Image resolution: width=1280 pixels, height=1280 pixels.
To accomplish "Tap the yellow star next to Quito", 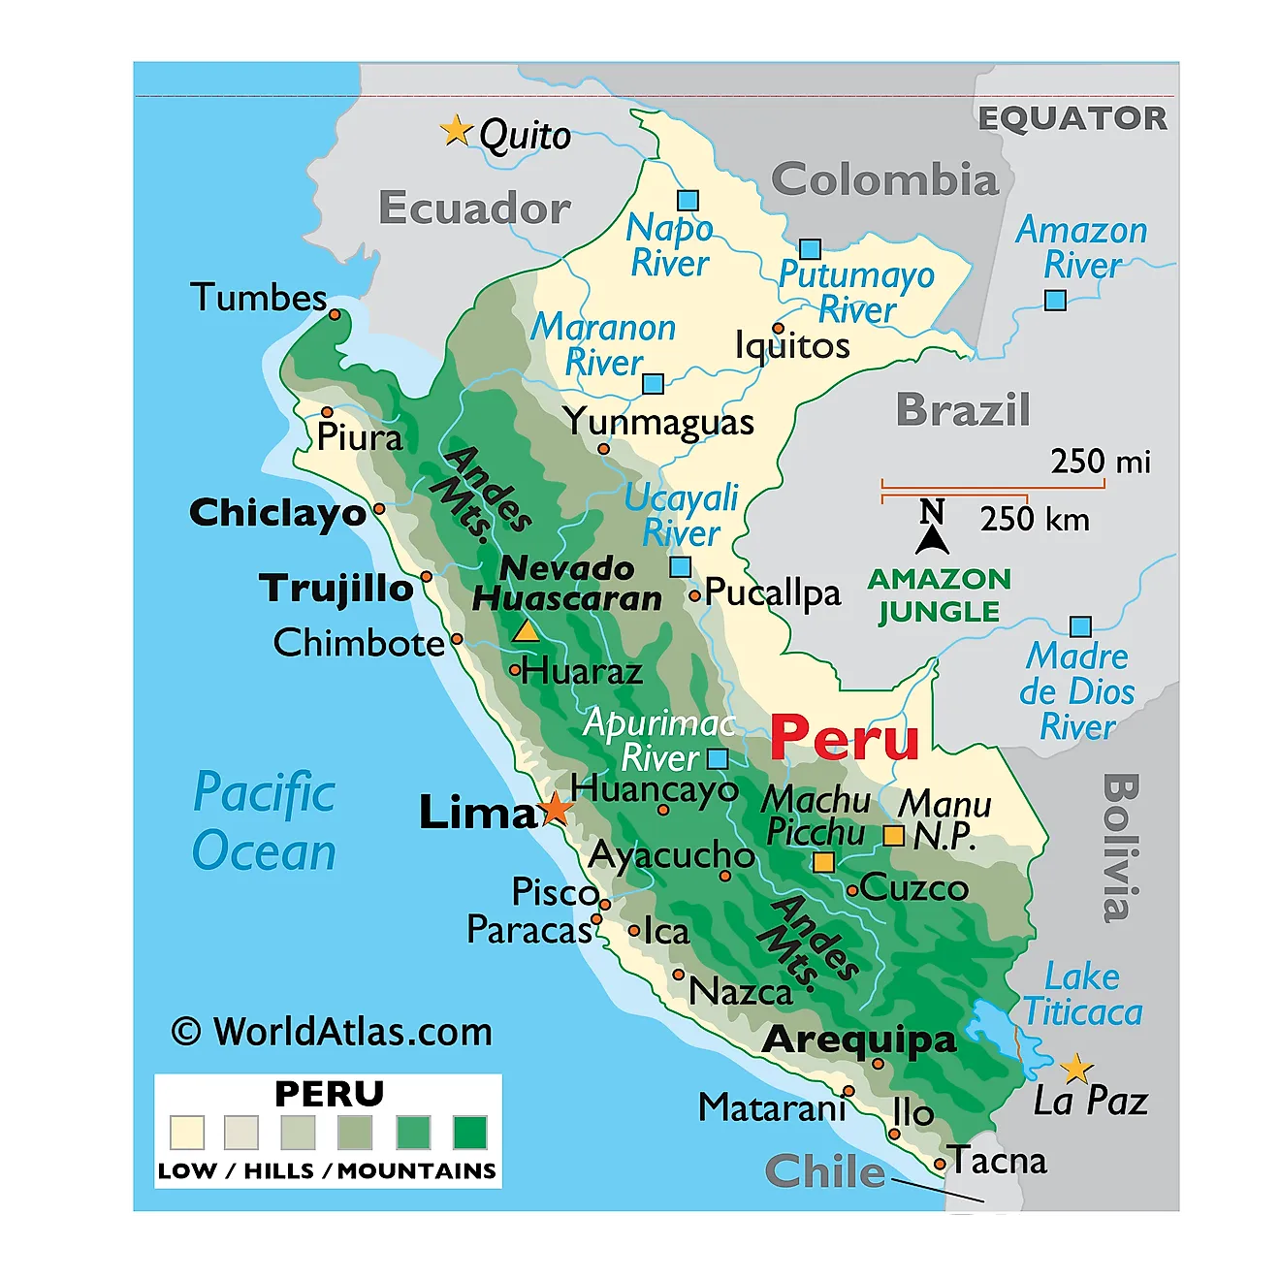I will pos(455,130).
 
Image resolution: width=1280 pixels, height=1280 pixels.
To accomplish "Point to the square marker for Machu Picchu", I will pos(823,862).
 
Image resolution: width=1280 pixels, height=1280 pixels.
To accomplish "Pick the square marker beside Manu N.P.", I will pos(893,835).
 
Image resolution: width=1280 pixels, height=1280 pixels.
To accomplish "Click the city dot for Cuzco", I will pos(852,890).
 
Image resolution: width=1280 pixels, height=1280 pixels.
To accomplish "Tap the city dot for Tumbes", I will pos(335,314).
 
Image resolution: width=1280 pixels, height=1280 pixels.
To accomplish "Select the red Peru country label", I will pos(844,739).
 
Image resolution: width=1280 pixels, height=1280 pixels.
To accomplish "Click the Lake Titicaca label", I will pos(1083,994).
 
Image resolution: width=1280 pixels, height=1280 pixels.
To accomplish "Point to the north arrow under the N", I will pos(932,539).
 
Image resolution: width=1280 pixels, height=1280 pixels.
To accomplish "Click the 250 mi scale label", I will pos(1100,462).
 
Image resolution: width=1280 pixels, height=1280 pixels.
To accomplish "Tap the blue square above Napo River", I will pos(688,201).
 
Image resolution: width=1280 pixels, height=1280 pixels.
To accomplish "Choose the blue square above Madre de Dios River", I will pos(1080,627).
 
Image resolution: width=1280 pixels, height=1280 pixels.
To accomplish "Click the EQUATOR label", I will pos(1072,118).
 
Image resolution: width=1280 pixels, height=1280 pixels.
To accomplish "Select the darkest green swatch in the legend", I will pos(470,1132).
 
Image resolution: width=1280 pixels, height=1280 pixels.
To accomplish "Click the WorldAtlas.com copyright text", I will pos(332,1032).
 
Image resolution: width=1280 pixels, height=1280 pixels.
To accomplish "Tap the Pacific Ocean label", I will pos(264,821).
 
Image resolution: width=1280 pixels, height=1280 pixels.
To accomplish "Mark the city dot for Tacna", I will pos(940,1164).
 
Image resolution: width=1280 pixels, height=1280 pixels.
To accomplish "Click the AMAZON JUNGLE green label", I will pos(939,595).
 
